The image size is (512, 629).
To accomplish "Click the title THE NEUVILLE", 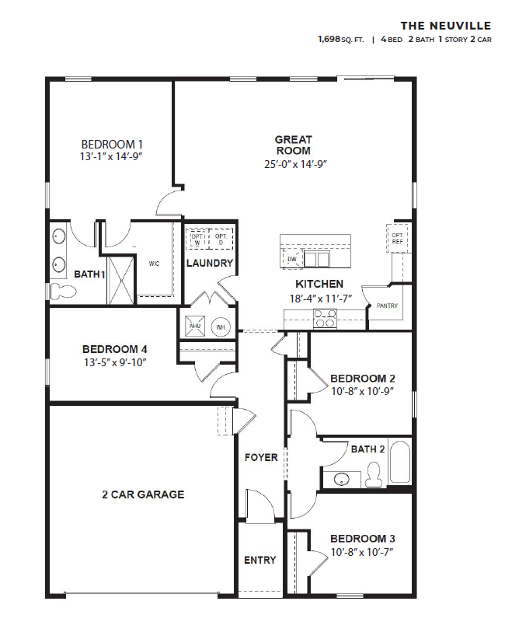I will point(446,26).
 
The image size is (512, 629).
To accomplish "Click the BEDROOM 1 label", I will point(113,144).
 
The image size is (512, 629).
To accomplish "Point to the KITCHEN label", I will point(319,285).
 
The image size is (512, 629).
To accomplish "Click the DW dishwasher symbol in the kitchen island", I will point(292,259).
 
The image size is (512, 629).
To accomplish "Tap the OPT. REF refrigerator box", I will point(397,238).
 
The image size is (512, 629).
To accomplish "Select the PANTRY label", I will point(387,306).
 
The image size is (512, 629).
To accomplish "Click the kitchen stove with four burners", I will point(324,316).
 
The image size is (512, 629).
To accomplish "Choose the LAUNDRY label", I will point(209,263).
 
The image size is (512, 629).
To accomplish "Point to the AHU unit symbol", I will point(194,327).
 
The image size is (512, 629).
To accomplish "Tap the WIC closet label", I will point(154,264).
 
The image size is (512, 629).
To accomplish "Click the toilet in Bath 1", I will point(63,291).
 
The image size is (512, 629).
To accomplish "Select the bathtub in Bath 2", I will point(399,463).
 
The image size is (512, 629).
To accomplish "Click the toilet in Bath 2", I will point(374,473).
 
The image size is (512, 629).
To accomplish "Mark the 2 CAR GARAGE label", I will point(142,494).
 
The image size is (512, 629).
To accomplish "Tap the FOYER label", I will point(261,457).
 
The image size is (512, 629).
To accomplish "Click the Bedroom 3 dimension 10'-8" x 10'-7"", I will point(362,552).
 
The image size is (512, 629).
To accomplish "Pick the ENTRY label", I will point(259,560).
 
